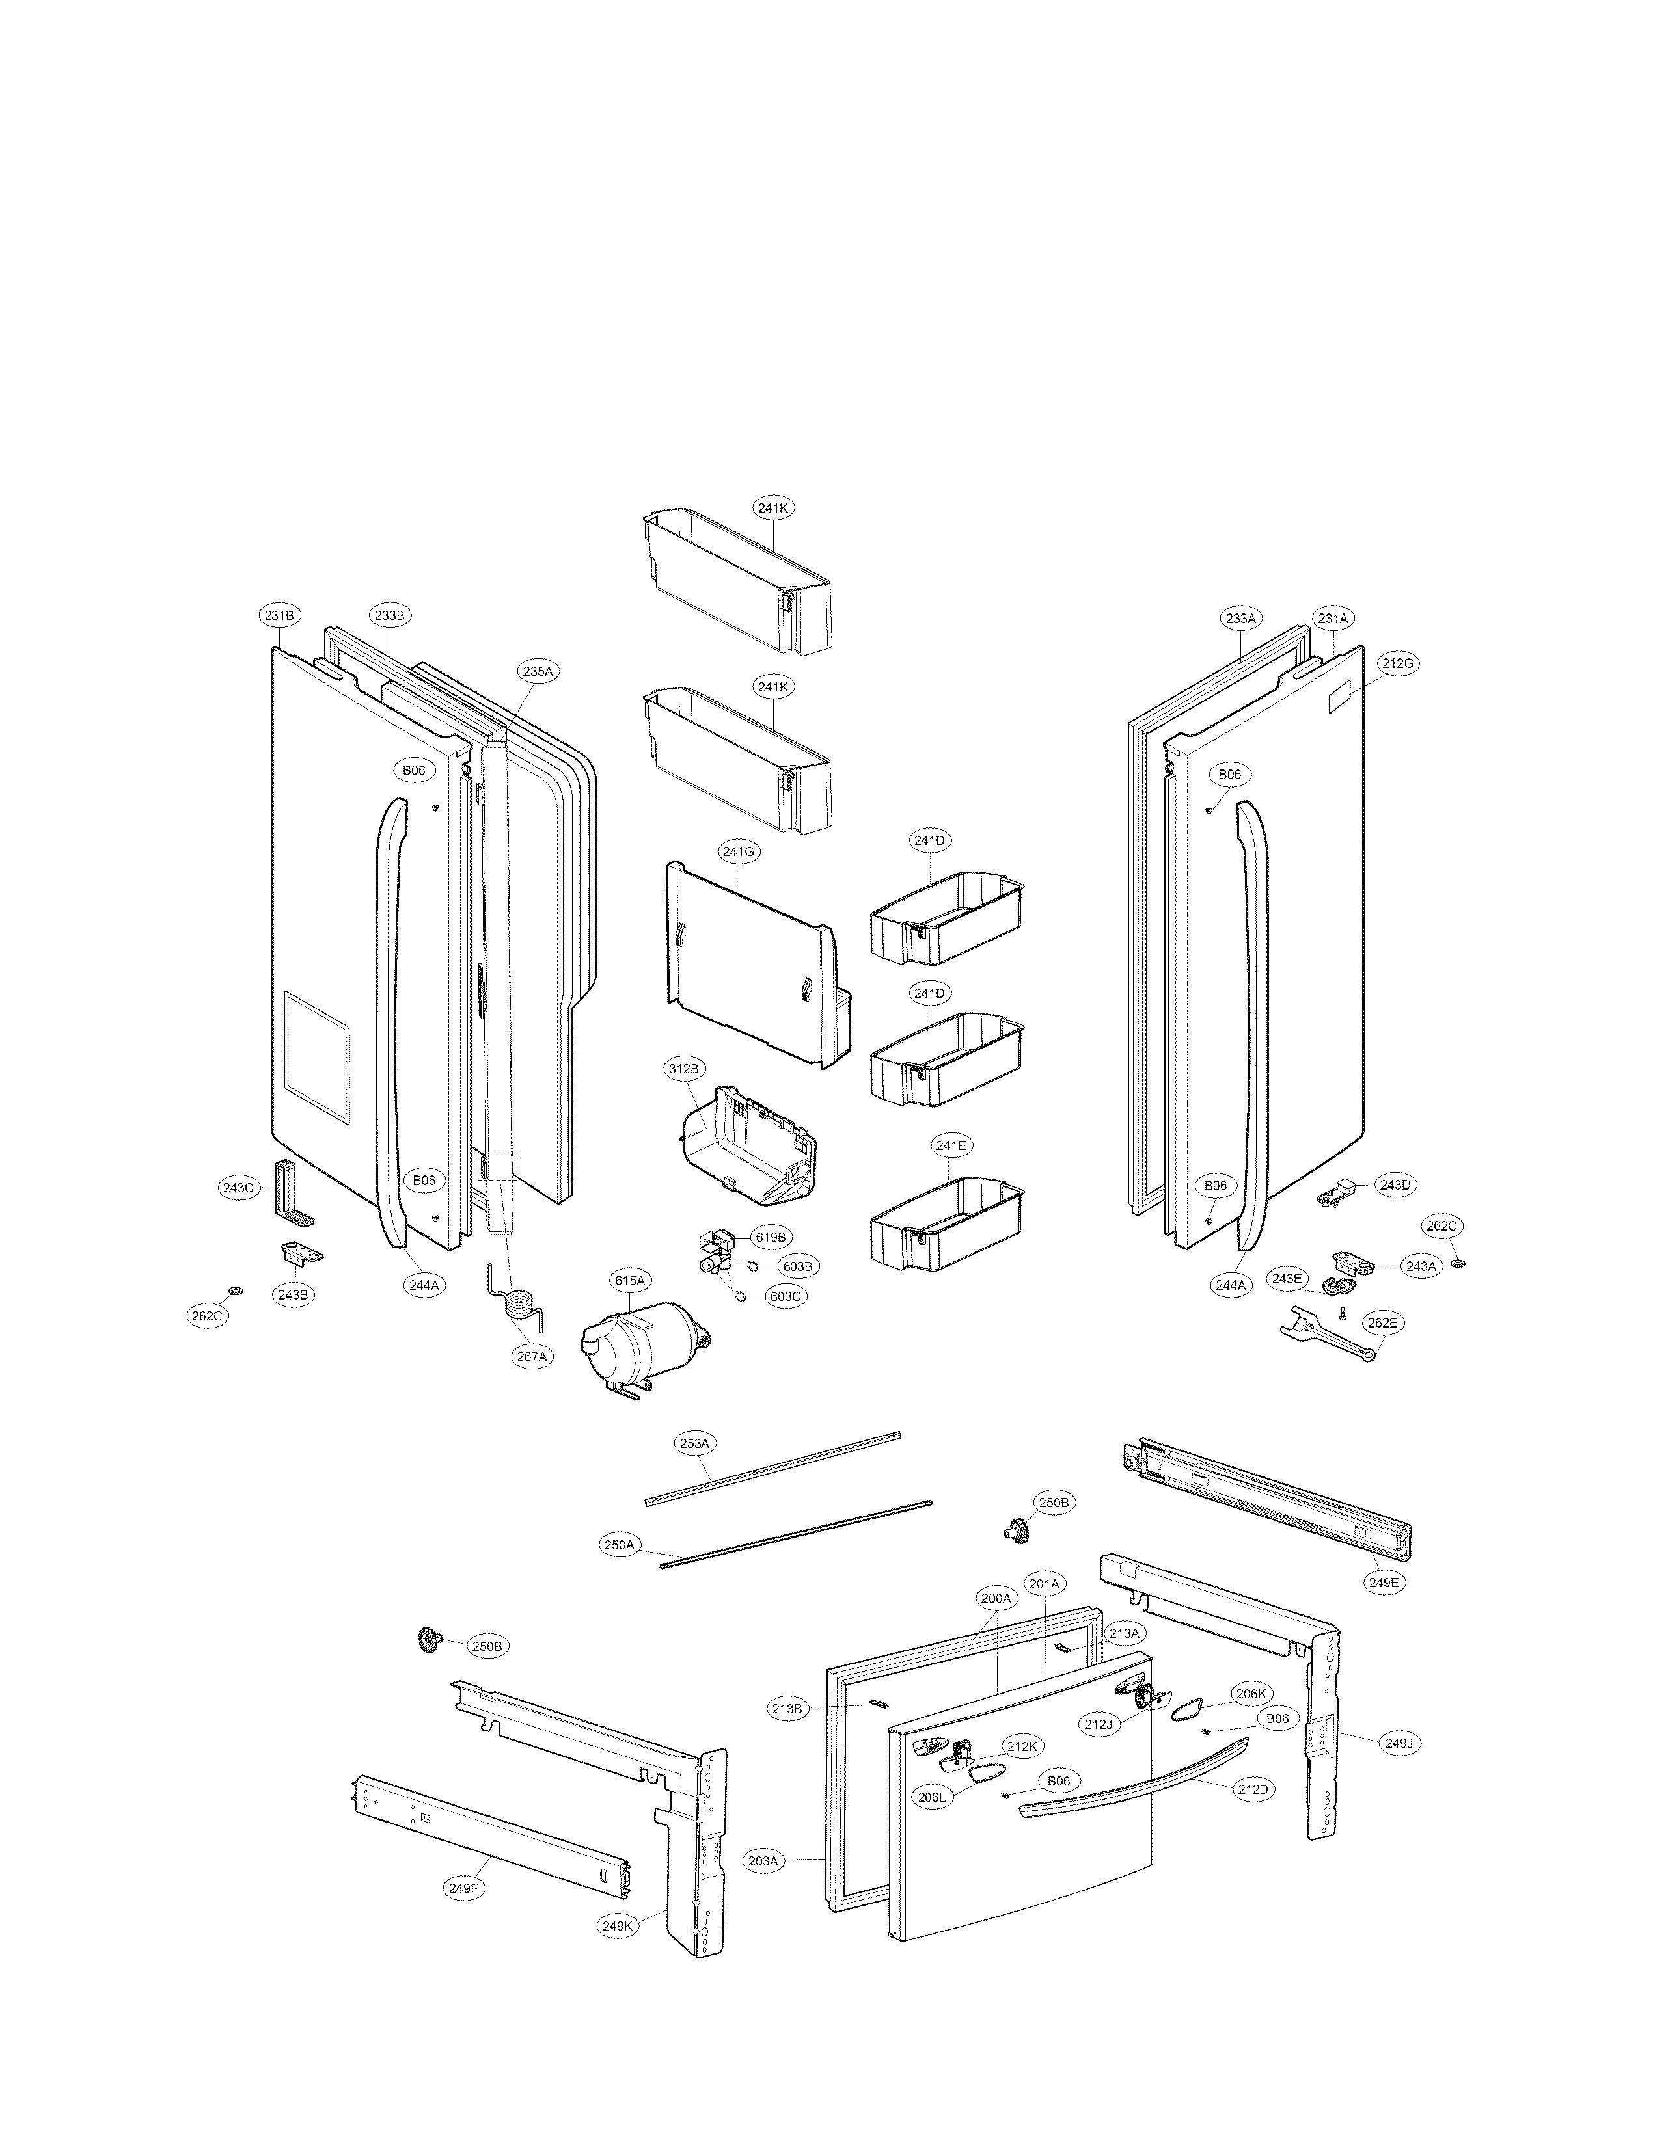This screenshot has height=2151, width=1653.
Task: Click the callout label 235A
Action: click(538, 671)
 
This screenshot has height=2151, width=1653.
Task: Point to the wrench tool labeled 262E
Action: click(1324, 1335)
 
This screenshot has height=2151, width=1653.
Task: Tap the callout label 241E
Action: click(950, 1145)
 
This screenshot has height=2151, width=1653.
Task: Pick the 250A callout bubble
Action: click(620, 1545)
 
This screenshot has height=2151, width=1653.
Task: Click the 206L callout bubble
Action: click(931, 1797)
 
